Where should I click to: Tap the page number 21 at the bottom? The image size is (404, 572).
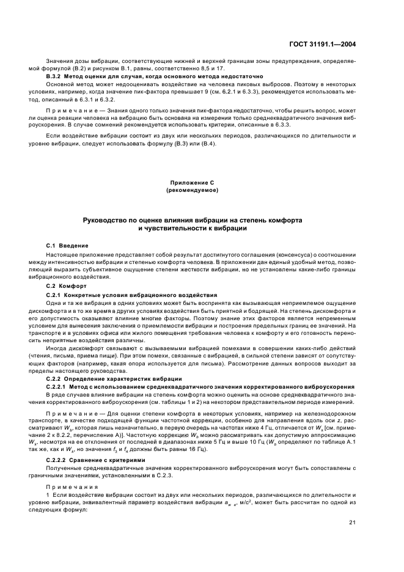[x=353, y=522]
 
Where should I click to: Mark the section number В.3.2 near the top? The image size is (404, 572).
[x=56, y=76]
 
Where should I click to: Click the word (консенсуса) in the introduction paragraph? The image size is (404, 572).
[x=272, y=254]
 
